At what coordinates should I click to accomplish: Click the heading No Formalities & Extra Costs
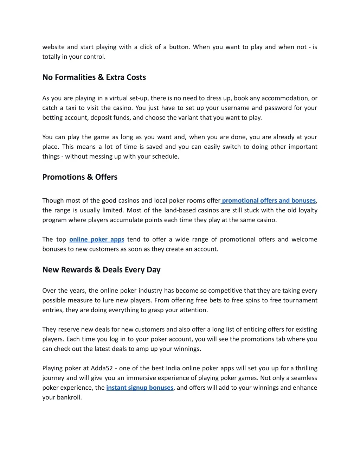click(x=94, y=77)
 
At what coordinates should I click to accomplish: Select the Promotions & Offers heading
click(x=80, y=177)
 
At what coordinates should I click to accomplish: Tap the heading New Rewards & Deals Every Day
click(x=101, y=270)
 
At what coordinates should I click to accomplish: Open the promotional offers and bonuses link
click(x=269, y=200)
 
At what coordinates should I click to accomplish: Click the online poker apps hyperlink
click(x=97, y=239)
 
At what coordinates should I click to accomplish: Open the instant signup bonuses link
click(x=140, y=388)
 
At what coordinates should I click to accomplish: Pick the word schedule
click(x=165, y=157)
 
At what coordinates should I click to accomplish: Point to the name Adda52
click(x=102, y=368)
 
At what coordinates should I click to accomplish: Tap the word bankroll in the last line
click(x=69, y=397)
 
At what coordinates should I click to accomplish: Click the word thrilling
click(x=306, y=368)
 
